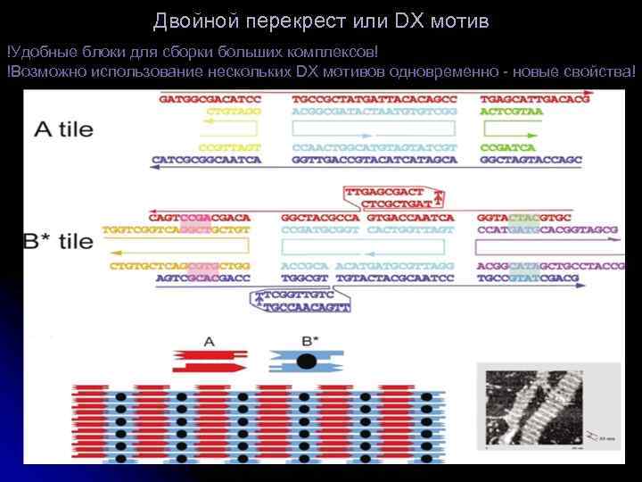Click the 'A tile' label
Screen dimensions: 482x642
click(63, 129)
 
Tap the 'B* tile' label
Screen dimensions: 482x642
click(57, 242)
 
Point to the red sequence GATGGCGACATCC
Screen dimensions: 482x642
click(210, 99)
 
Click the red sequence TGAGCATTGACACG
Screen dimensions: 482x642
click(535, 99)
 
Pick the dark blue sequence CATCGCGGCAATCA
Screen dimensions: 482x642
click(207, 161)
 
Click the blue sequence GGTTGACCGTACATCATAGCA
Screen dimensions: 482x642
click(374, 161)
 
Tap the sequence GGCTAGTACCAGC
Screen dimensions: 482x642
click(531, 161)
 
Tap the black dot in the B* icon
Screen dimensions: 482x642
click(307, 361)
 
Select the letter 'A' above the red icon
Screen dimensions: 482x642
click(210, 340)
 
